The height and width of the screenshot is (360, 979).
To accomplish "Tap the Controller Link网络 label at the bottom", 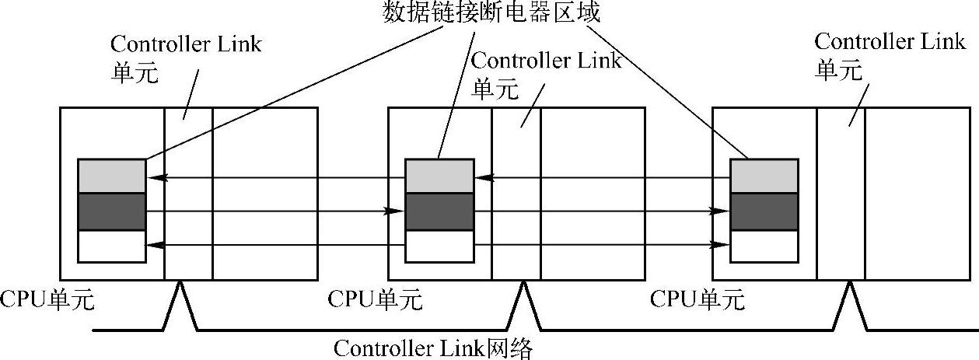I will click(x=434, y=348).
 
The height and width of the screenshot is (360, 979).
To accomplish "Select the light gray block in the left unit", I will click(x=111, y=176).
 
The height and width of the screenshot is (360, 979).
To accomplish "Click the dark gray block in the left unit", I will click(x=111, y=211).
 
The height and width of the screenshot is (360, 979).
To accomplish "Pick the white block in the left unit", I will click(x=111, y=246).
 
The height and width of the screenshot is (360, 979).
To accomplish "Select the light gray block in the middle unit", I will click(x=439, y=176).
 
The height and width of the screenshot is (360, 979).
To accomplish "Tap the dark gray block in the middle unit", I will click(x=439, y=211).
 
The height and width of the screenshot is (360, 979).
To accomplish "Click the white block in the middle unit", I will click(x=439, y=246).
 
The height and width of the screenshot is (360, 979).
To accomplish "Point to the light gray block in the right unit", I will click(x=764, y=176).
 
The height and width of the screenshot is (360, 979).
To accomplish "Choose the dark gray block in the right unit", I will click(x=764, y=211).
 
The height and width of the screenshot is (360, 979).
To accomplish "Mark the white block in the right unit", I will click(x=764, y=246).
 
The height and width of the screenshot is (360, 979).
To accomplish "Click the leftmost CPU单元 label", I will click(x=47, y=299).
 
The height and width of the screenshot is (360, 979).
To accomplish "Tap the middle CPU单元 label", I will click(x=376, y=299).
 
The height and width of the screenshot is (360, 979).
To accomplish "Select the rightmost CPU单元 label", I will click(x=698, y=299).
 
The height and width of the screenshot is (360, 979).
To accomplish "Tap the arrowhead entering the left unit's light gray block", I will click(x=153, y=178).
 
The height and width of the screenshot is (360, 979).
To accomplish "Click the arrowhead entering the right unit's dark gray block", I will click(x=723, y=211).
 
